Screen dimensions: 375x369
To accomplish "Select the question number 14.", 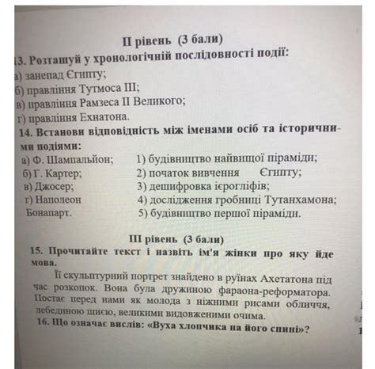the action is [35, 131].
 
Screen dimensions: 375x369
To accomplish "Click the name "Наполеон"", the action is [58, 200].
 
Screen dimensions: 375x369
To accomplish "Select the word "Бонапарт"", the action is [48, 214].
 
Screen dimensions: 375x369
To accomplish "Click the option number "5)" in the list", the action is [143, 214].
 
